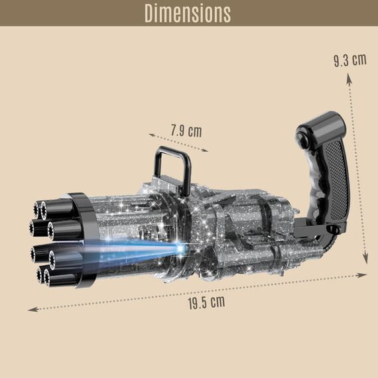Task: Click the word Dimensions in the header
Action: (x=188, y=13)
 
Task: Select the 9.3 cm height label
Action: (x=349, y=60)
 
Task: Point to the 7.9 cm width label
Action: (x=185, y=131)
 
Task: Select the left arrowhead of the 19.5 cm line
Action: (x=30, y=308)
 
